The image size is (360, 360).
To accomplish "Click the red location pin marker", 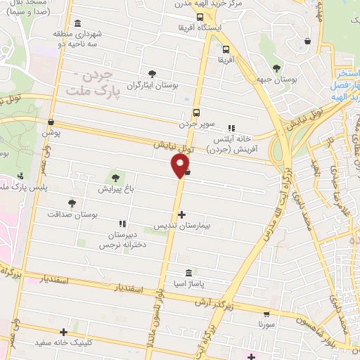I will point(181,166).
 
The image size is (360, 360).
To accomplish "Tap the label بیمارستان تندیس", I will point(182,228).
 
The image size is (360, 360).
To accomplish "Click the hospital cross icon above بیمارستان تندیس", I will point(182,214).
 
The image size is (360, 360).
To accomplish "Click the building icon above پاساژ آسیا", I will point(188,273).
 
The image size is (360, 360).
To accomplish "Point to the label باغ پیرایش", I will point(116,188).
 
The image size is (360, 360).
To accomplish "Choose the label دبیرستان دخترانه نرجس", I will point(117,239).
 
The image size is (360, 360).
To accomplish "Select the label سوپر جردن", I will point(196,124).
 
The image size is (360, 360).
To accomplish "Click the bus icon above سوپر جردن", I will point(196,112).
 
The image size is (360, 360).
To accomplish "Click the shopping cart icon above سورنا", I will point(266,314).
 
